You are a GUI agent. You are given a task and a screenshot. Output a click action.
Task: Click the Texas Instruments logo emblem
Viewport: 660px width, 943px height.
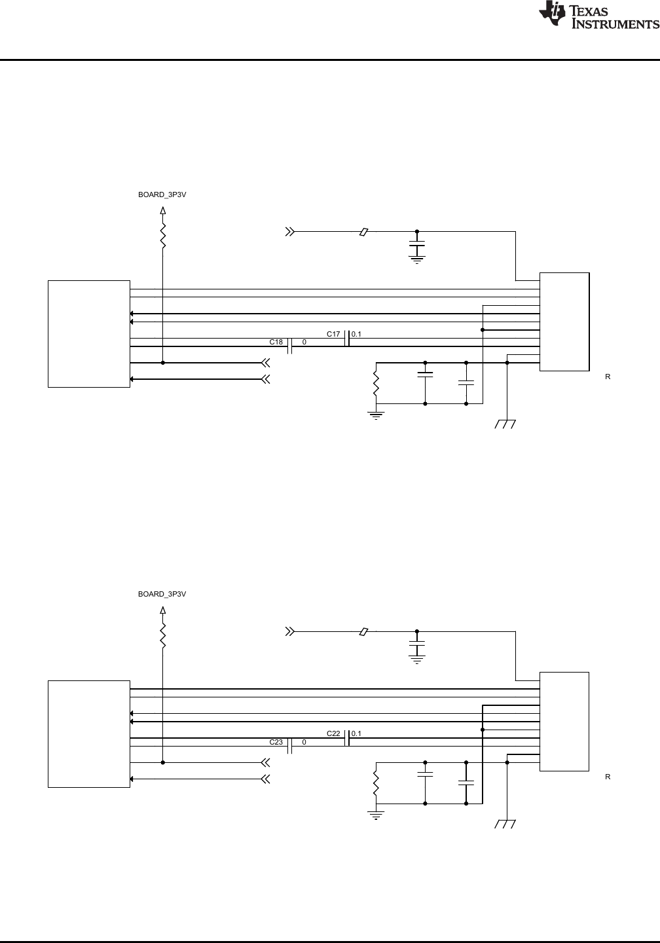(553, 14)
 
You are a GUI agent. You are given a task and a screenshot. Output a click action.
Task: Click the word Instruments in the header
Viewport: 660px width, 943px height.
(615, 24)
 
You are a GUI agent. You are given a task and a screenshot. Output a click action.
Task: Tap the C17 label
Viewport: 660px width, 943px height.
(333, 334)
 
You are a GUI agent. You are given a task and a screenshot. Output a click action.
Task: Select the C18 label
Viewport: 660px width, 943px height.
(276, 342)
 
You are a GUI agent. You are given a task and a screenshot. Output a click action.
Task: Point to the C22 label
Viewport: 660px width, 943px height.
(333, 733)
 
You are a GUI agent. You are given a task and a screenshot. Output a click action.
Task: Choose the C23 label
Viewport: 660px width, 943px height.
(276, 742)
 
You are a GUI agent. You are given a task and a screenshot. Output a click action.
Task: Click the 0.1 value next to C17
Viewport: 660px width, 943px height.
(356, 334)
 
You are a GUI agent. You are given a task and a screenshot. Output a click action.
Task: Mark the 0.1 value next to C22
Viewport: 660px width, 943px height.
(356, 733)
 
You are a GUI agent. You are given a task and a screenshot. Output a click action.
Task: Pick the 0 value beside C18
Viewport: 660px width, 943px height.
(304, 342)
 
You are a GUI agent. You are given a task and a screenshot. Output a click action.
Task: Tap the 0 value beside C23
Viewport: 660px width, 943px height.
(304, 742)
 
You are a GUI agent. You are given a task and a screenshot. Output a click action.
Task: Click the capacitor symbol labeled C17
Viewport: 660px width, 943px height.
(347, 338)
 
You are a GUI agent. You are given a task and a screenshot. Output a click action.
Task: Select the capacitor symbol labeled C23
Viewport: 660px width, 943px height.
(290, 747)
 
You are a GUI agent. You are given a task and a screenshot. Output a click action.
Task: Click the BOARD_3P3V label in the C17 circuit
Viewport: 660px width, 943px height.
(162, 194)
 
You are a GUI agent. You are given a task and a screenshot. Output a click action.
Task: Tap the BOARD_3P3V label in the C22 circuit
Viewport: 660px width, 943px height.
(162, 594)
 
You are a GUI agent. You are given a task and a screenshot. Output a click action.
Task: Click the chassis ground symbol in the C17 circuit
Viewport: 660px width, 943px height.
(506, 424)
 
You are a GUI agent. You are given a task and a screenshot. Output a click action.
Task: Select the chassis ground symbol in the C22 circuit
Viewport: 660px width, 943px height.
(506, 824)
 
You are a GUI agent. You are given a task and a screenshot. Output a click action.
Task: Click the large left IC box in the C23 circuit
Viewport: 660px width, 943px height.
(89, 733)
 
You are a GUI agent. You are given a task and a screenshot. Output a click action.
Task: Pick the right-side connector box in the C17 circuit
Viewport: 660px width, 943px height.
(564, 322)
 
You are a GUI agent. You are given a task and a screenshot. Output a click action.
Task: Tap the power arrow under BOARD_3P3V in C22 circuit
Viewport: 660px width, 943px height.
(163, 610)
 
